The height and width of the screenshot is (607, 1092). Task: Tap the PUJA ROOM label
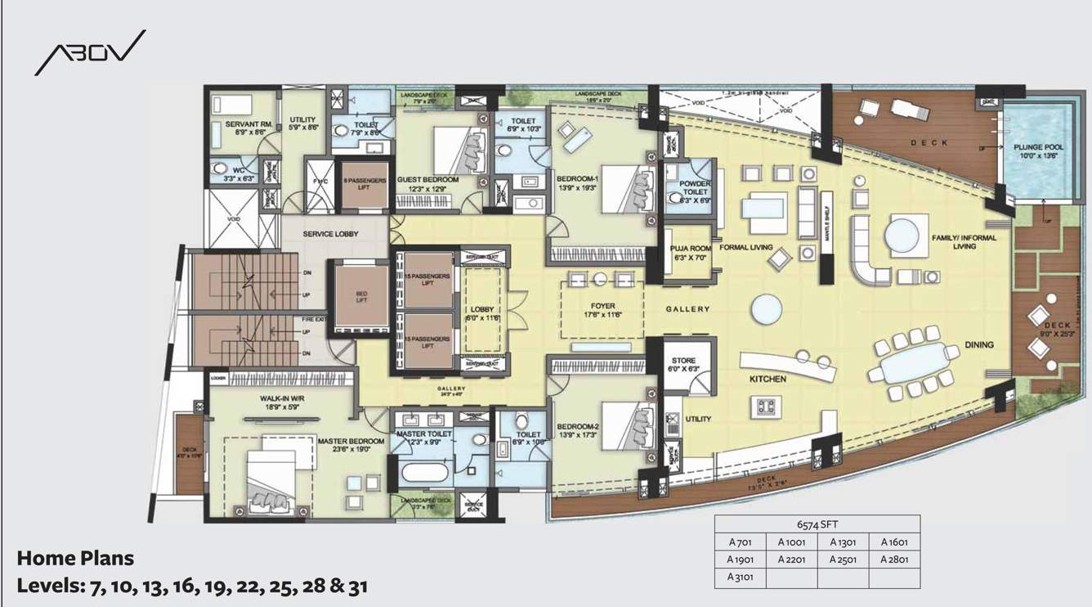[x=685, y=248]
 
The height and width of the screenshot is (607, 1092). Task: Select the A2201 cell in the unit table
[x=791, y=560]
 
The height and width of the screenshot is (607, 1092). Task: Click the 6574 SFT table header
[x=817, y=524]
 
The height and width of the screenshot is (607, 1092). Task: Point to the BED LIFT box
[x=360, y=296]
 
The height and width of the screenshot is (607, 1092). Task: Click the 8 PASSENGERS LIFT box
[x=364, y=182]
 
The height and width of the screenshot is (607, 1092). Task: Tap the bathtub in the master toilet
[x=423, y=474]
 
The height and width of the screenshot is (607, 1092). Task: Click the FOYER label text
[x=602, y=307]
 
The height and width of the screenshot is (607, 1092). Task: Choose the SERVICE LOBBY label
[x=330, y=234]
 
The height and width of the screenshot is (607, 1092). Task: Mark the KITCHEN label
[x=768, y=379]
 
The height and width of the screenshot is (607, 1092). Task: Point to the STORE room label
[x=683, y=361]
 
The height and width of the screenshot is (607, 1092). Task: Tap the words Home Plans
[x=75, y=558]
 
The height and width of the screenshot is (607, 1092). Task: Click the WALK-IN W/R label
[x=282, y=398]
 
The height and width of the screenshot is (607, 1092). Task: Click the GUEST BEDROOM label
[x=427, y=179]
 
